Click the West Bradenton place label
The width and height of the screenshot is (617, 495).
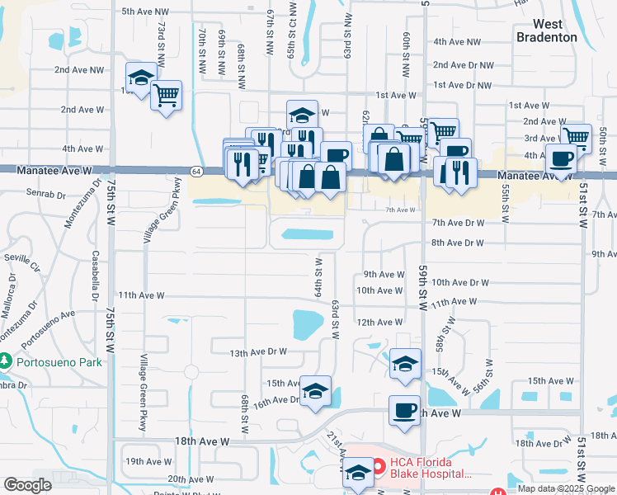point(547,31)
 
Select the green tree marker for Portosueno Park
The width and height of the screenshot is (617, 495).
point(5,361)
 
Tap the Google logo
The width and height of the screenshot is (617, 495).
point(27,485)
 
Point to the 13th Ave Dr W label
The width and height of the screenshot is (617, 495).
point(258,351)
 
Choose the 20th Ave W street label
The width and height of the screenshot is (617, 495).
point(190,478)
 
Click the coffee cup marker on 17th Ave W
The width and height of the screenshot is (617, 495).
point(404,410)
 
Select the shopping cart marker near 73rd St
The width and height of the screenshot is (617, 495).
point(166,96)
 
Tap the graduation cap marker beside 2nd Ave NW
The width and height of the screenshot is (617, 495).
point(140,78)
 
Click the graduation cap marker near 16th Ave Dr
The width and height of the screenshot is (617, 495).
point(314,391)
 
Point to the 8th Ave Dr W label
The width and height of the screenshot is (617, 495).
point(457,243)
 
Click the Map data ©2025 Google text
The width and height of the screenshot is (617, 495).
point(565,488)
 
